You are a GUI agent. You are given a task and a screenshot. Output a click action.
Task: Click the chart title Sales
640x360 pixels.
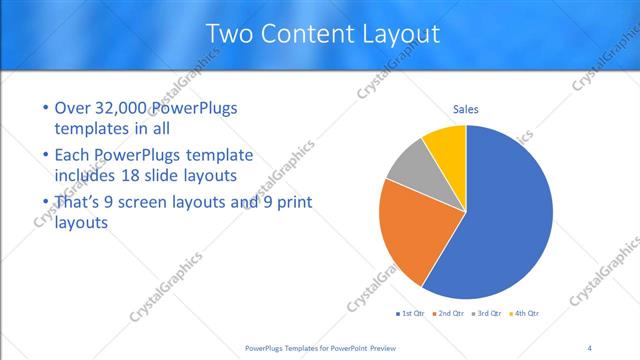pyautogui.click(x=466, y=108)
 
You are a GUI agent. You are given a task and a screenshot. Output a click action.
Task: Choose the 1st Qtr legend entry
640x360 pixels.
pyautogui.click(x=411, y=313)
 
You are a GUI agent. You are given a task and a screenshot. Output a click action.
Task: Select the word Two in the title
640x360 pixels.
pyautogui.click(x=230, y=34)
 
